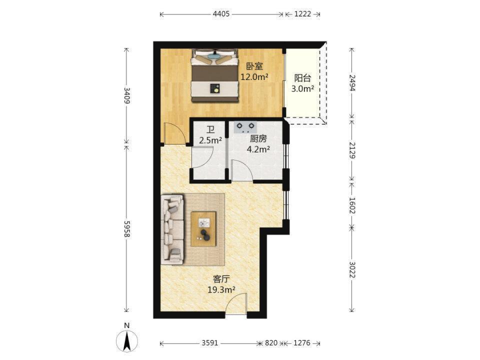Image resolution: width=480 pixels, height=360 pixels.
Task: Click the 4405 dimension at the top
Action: (x=221, y=14)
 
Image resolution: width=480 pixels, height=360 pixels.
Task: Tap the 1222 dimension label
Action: (x=302, y=14)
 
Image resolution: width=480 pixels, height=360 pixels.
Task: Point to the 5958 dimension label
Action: (x=126, y=228)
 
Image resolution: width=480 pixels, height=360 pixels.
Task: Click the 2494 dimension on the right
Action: (x=352, y=82)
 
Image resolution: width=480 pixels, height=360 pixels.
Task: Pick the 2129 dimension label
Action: (x=352, y=150)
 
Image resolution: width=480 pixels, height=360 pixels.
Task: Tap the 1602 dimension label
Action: (x=352, y=205)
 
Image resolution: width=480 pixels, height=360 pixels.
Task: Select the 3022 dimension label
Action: (x=352, y=269)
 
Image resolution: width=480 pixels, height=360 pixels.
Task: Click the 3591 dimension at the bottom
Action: (x=210, y=343)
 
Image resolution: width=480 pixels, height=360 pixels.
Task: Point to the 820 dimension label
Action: (x=271, y=343)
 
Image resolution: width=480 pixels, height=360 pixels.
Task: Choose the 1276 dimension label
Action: (x=302, y=343)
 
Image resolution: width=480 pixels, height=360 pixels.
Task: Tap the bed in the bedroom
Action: (x=215, y=75)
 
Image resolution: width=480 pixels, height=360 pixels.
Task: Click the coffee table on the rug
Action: (x=203, y=228)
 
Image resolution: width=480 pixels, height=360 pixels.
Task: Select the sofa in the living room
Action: (x=172, y=229)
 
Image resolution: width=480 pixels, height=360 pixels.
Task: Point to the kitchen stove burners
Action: (x=245, y=127)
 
